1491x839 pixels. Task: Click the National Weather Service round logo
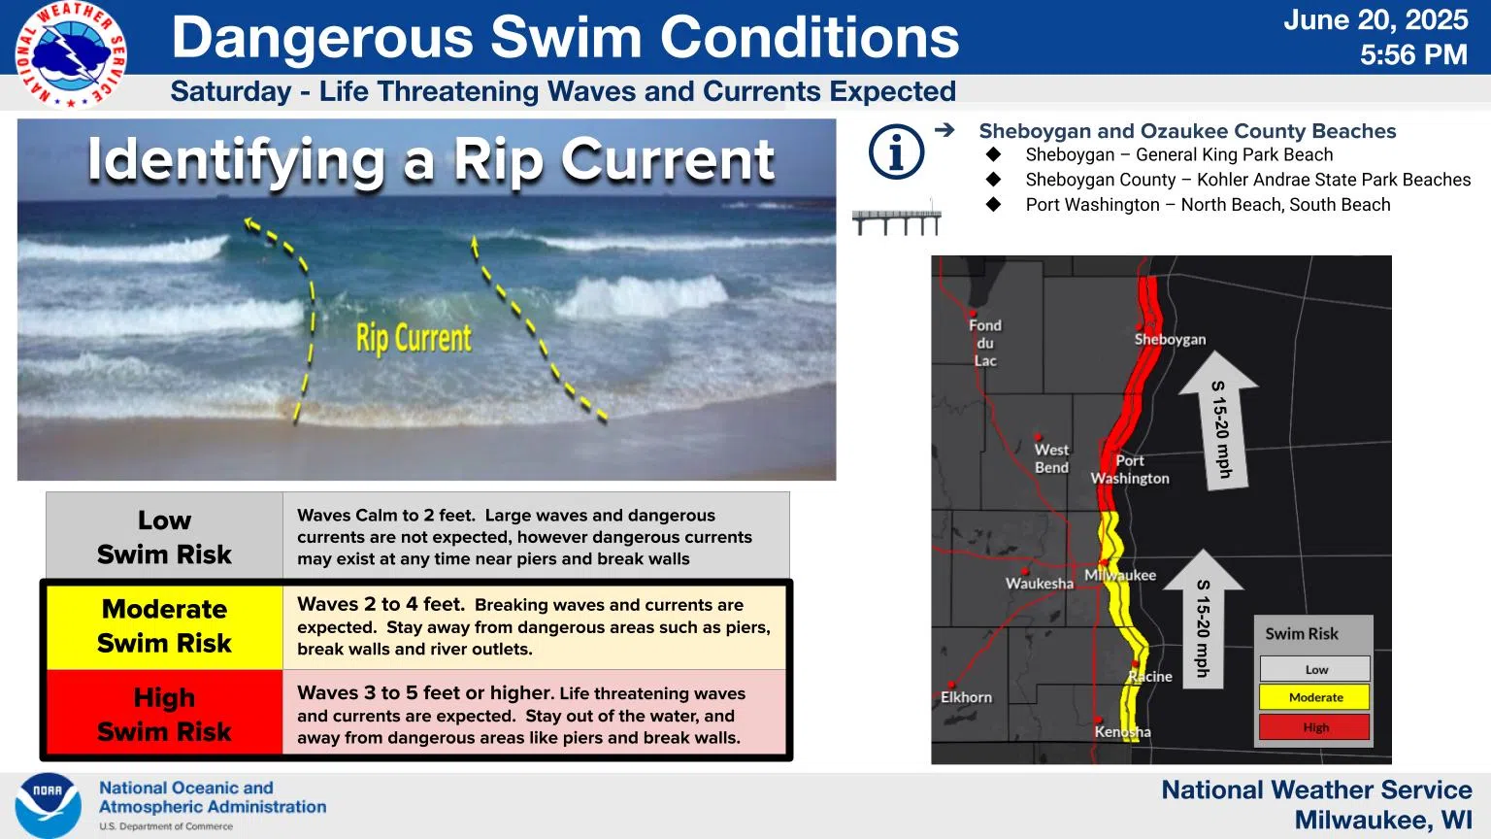[71, 54]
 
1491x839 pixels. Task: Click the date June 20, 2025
[1375, 20]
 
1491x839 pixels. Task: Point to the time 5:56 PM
[1413, 54]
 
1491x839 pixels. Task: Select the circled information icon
[896, 151]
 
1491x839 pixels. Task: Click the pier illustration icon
[897, 218]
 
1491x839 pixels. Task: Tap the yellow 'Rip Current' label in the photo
[414, 338]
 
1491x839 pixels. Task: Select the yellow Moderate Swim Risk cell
[164, 626]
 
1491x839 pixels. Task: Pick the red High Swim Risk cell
[164, 714]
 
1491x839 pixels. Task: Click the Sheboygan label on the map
[1170, 340]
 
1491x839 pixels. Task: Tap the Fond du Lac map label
[985, 343]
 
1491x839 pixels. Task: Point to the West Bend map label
[1051, 458]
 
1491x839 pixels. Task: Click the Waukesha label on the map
[1039, 584]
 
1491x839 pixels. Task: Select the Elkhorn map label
[966, 697]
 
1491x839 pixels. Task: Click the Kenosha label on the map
[1122, 732]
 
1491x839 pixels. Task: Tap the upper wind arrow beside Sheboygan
[1218, 420]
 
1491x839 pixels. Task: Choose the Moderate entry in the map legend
[1315, 697]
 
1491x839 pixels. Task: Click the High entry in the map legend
[1315, 727]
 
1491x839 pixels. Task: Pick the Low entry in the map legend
[1315, 668]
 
